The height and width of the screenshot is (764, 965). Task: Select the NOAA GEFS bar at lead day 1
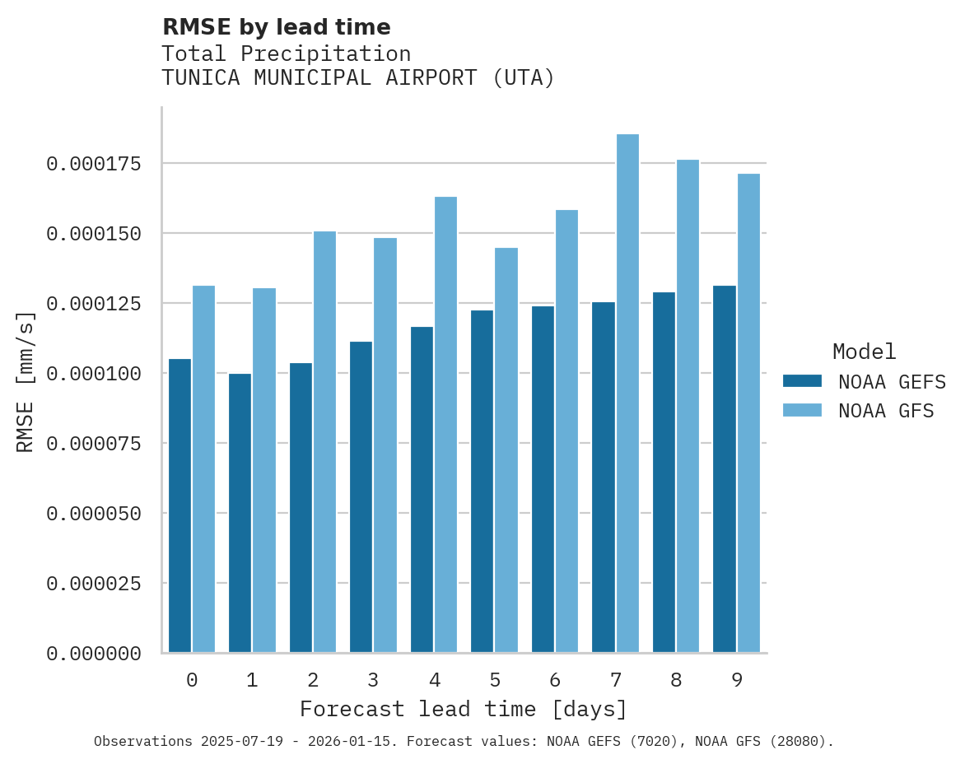(240, 513)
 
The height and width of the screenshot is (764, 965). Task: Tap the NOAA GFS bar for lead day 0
(203, 469)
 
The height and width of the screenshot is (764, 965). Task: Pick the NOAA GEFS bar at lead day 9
(725, 469)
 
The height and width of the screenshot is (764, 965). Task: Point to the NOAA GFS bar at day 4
(445, 425)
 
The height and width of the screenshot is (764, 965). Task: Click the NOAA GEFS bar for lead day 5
(482, 482)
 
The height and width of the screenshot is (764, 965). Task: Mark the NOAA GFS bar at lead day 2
(324, 442)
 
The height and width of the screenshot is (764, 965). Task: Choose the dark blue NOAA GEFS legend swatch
(802, 381)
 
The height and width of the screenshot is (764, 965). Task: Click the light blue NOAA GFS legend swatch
(802, 410)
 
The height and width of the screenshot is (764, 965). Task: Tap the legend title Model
(864, 352)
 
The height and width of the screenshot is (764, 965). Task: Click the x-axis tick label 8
(676, 680)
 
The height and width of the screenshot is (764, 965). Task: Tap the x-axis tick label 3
(373, 680)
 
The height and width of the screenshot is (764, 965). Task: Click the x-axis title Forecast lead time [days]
(464, 709)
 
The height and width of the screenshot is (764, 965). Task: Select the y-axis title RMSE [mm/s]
(26, 381)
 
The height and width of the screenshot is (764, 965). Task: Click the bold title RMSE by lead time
(276, 27)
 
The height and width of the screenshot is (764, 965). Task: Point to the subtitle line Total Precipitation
(286, 54)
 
